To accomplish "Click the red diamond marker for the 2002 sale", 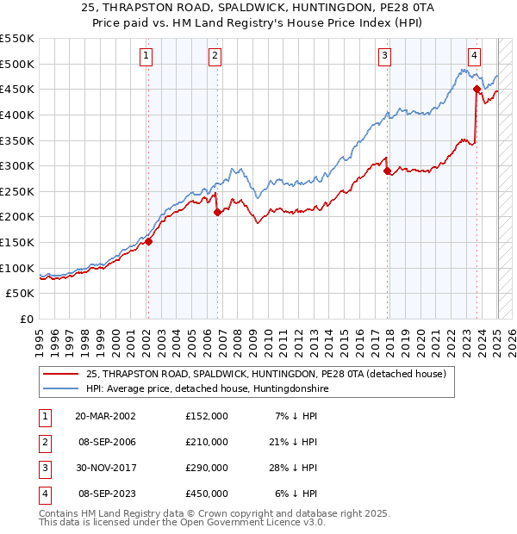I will click(148, 242).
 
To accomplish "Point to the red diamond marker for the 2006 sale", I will click(216, 212).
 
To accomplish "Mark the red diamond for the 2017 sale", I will click(388, 171).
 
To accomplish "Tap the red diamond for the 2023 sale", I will click(477, 89).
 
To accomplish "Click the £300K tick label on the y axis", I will click(17, 165).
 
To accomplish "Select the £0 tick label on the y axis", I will click(26, 319).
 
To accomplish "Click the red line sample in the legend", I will click(61, 374).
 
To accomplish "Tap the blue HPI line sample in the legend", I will click(61, 389).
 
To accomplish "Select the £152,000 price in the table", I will click(207, 416).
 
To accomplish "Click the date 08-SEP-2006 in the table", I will click(106, 442).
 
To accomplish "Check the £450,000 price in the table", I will click(207, 494).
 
